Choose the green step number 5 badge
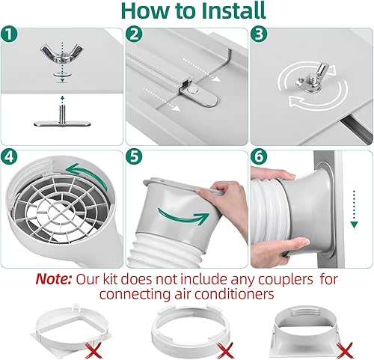point(135,158)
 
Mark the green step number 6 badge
point(259,158)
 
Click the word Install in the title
point(233,12)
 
